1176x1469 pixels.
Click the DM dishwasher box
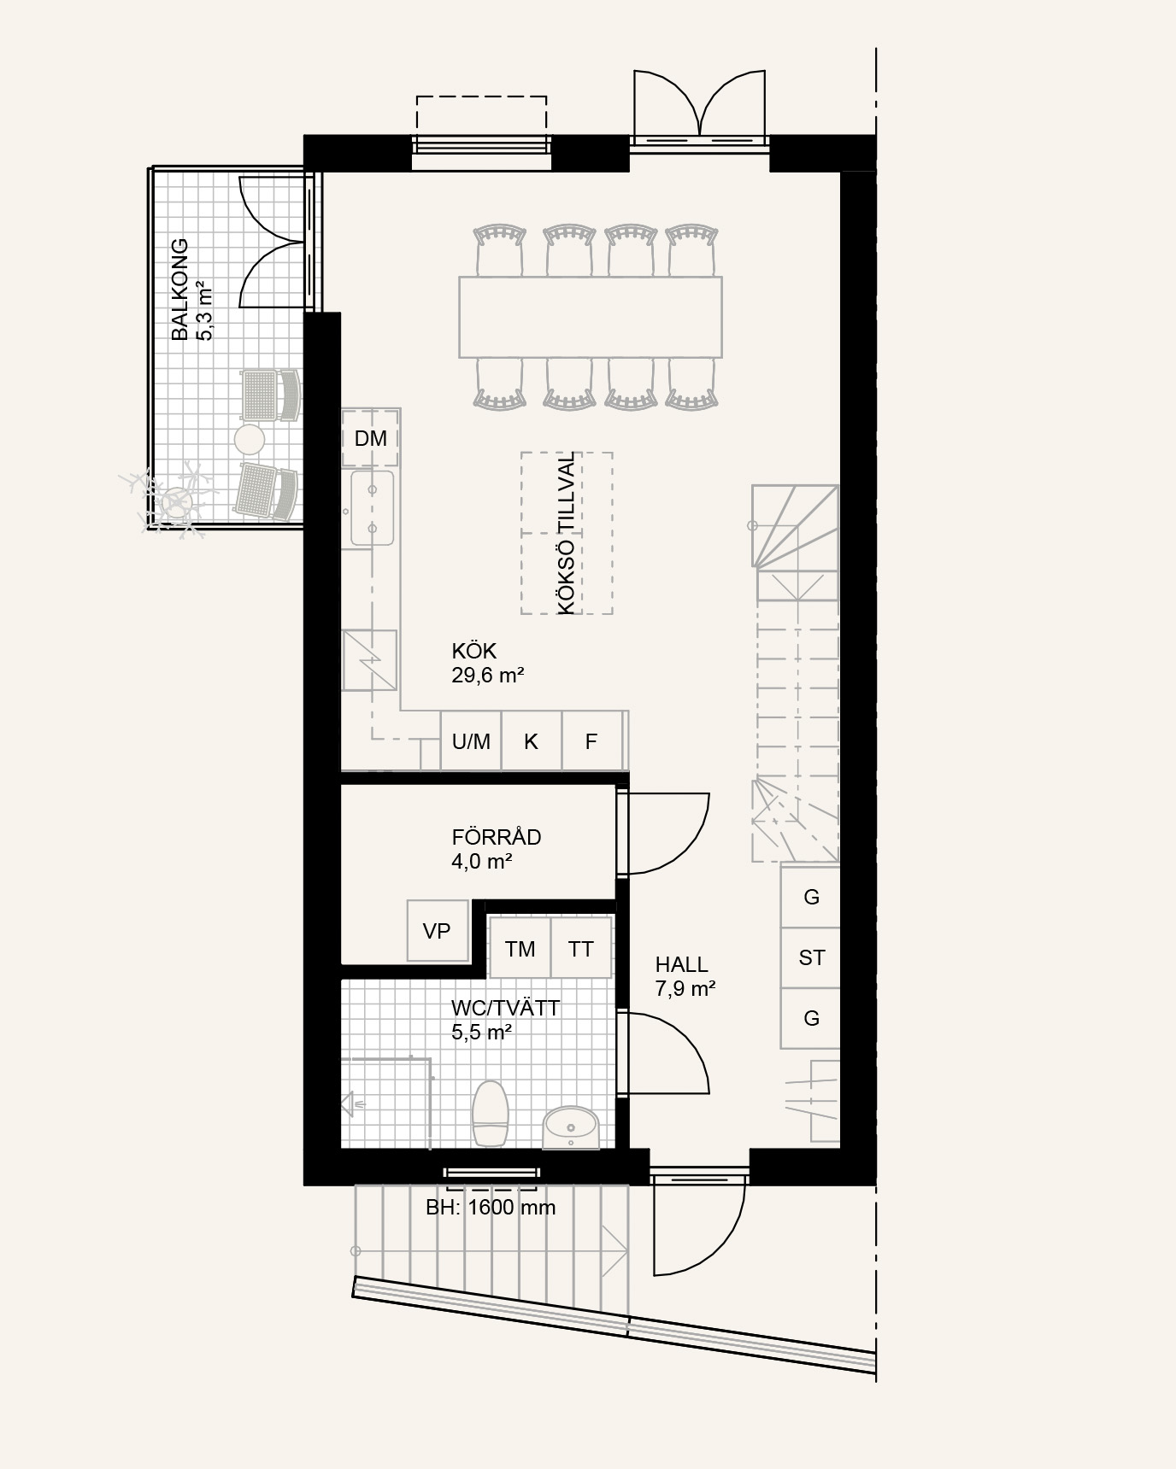370,438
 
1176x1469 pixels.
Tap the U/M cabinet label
471,741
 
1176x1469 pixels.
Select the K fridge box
532,741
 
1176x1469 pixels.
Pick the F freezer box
591,741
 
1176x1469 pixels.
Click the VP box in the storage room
438,930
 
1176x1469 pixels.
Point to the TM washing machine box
520,948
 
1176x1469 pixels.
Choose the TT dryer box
581,948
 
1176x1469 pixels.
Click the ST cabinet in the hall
811,957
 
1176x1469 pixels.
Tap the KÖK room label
474,651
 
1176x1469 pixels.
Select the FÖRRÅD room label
497,837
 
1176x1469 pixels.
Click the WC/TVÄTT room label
506,1008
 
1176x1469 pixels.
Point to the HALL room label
682,964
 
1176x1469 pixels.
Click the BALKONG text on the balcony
179,290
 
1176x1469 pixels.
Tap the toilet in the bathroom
491,1113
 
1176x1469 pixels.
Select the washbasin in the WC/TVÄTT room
572,1127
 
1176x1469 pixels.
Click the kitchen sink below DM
373,508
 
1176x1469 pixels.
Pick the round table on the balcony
250,440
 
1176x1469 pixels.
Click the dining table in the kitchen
591,317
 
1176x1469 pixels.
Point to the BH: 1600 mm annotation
491,1208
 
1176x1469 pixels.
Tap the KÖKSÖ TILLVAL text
567,533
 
